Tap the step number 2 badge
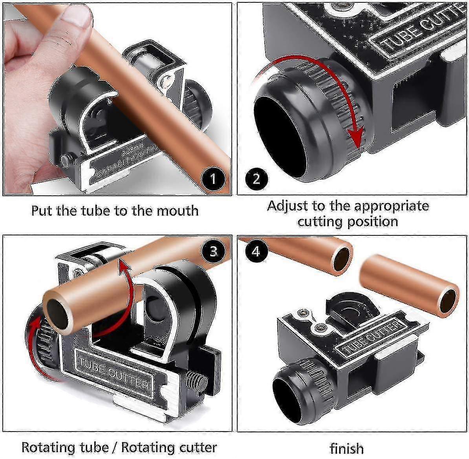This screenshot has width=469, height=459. pyautogui.click(x=256, y=179)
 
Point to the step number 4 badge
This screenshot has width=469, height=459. pyautogui.click(x=256, y=250)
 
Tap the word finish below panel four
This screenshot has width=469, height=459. pyautogui.click(x=346, y=448)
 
